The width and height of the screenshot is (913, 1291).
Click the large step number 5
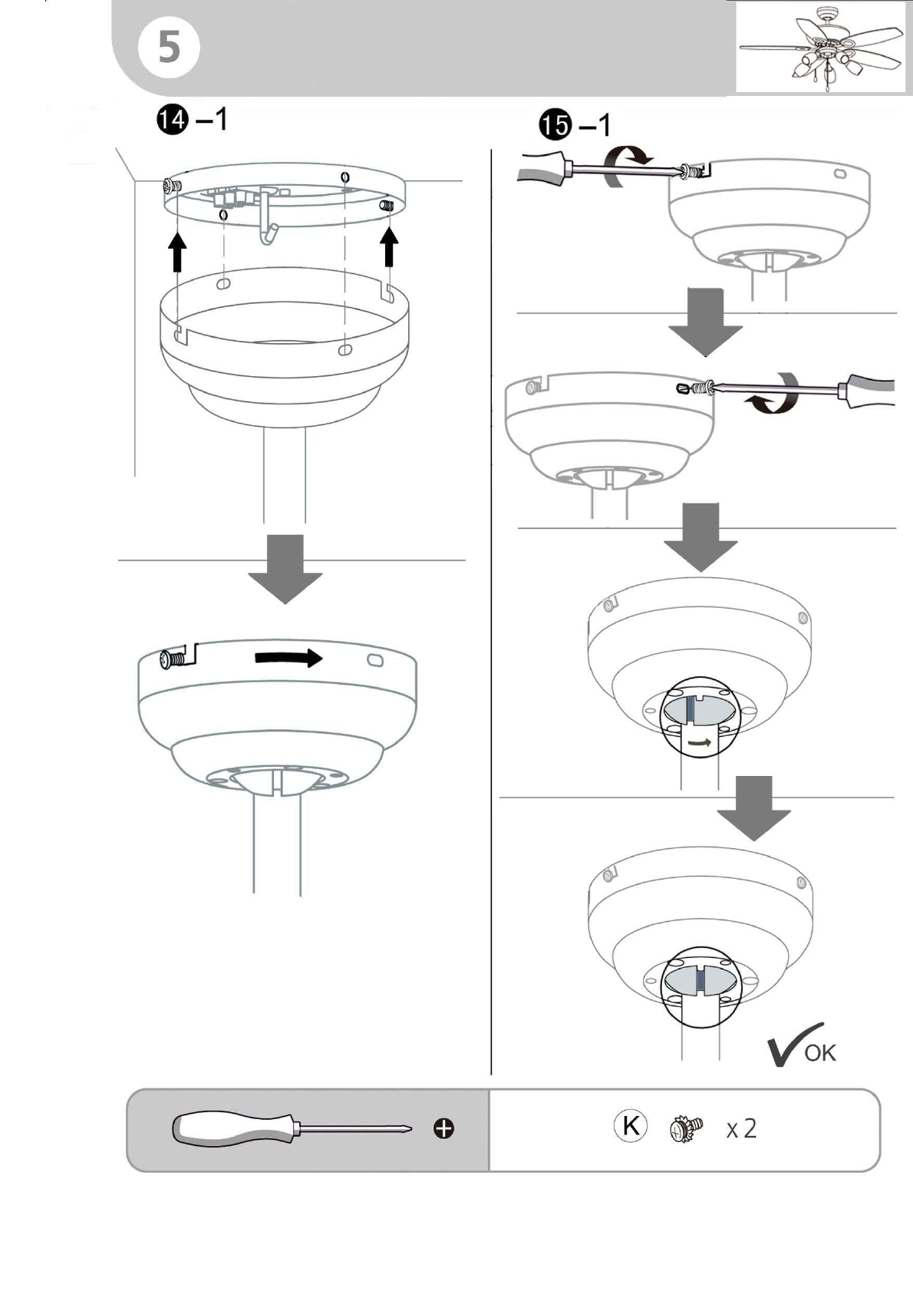pos(169,48)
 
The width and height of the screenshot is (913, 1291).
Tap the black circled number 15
pos(555,125)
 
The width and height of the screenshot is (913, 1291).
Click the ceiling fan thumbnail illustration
pos(822,48)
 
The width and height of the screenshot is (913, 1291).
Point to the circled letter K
pos(631,1124)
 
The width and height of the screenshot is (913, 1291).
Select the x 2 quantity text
pos(741,1128)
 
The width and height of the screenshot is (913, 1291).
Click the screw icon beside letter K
pos(686,1128)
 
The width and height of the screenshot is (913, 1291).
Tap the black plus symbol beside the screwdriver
pos(443,1128)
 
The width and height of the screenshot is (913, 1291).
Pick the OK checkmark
pos(801,1045)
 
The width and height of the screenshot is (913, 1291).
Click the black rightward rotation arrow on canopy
pos(288,658)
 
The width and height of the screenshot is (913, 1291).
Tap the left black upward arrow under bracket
pos(177,251)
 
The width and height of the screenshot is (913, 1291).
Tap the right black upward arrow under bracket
pos(390,246)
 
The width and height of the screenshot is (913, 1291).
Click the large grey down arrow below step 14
pos(285,569)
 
